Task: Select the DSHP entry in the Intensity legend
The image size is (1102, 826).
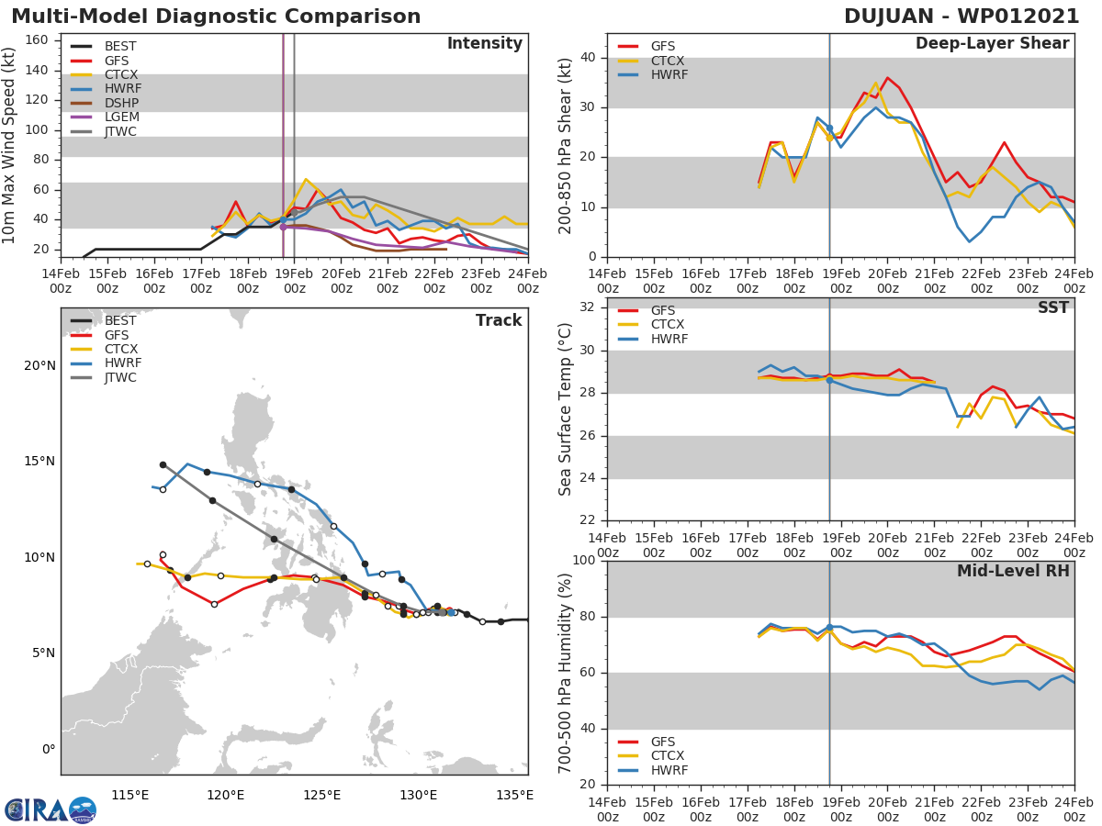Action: tap(120, 103)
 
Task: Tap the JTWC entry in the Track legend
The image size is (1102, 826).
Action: tap(120, 378)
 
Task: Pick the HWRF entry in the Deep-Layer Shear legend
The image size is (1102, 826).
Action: tap(668, 75)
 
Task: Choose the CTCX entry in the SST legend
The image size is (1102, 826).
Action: tap(668, 325)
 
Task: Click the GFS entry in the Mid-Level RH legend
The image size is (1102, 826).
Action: tap(668, 742)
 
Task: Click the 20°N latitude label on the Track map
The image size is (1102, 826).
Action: tap(40, 366)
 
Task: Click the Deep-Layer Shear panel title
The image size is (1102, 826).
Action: tap(992, 44)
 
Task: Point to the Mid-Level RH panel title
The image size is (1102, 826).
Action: tap(1013, 571)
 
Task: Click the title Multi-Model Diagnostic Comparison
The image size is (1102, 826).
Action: tap(216, 17)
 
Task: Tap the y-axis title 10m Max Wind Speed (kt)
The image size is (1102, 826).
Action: tap(10, 147)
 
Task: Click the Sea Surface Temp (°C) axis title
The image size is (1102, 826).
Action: tap(567, 410)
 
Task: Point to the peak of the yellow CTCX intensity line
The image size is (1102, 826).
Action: tap(306, 180)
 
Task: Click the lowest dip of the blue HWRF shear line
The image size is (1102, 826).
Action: tap(969, 241)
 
